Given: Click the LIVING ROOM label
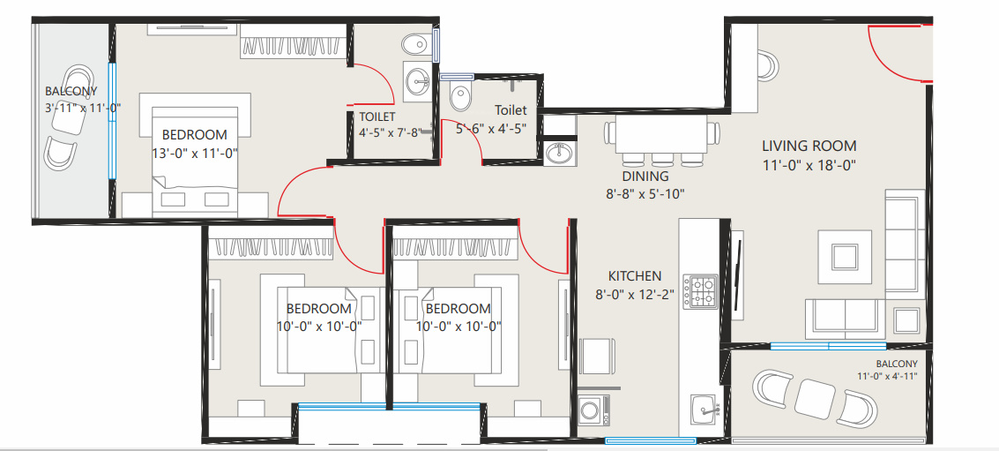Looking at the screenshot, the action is [809, 147].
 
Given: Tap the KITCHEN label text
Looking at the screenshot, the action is [635, 276].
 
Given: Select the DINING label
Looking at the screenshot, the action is [645, 177].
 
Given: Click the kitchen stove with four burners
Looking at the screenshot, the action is [700, 291].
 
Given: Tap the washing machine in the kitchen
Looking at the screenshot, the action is [593, 410].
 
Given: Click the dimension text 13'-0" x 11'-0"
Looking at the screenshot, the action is [195, 153].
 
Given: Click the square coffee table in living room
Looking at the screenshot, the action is [845, 257].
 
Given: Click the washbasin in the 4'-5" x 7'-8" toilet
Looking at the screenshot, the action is [418, 81].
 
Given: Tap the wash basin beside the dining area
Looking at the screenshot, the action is [559, 153].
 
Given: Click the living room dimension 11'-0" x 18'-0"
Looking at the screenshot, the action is [809, 165].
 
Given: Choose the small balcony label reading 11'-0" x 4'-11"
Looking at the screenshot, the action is [888, 376].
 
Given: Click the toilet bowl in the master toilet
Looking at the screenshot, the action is [414, 45].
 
